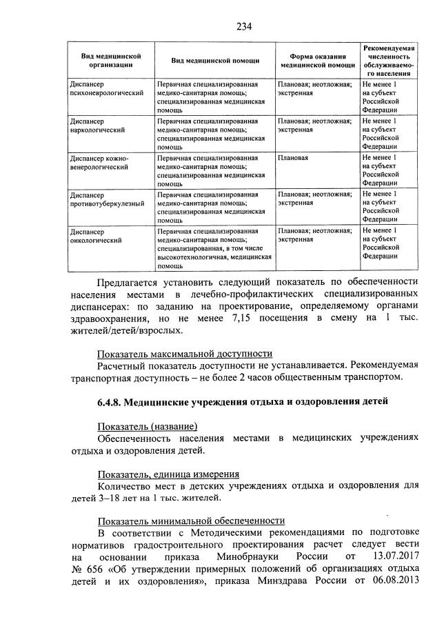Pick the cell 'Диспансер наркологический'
pyautogui.click(x=97, y=125)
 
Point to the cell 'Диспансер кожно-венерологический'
pyautogui.click(x=100, y=162)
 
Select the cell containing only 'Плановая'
pyautogui.click(x=292, y=158)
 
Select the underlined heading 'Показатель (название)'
pyautogui.click(x=147, y=426)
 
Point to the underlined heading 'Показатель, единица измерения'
pyautogui.click(x=168, y=474)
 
